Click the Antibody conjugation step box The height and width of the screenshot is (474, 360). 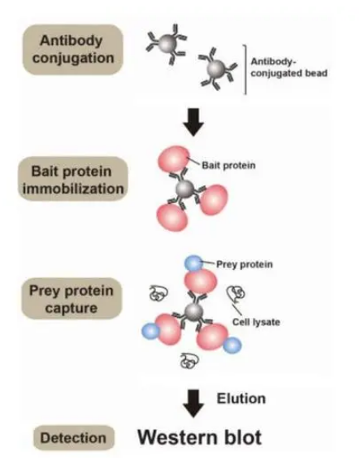pyautogui.click(x=73, y=50)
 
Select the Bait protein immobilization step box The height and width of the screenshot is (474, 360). pyautogui.click(x=73, y=179)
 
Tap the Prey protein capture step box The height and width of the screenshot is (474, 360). pyautogui.click(x=72, y=298)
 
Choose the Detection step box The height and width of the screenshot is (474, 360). pyautogui.click(x=74, y=437)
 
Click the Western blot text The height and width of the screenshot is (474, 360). pyautogui.click(x=199, y=437)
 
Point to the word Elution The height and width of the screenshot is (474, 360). pyautogui.click(x=241, y=398)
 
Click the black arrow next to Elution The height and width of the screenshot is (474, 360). pyautogui.click(x=193, y=403)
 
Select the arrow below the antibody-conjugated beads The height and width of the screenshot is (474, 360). pyautogui.click(x=193, y=122)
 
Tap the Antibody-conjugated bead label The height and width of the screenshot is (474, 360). pyautogui.click(x=288, y=67)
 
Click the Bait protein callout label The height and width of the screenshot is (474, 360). pyautogui.click(x=228, y=165)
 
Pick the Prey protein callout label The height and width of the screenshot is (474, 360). pyautogui.click(x=245, y=264)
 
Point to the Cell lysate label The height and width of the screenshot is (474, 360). pyautogui.click(x=256, y=322)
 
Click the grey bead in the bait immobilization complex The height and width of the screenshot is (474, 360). pyautogui.click(x=185, y=189)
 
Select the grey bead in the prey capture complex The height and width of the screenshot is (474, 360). pyautogui.click(x=193, y=312)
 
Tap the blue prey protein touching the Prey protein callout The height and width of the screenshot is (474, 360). pyautogui.click(x=193, y=263)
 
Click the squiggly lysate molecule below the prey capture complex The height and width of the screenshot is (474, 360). pyautogui.click(x=189, y=360)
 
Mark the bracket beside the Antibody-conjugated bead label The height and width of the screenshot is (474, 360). pyautogui.click(x=245, y=70)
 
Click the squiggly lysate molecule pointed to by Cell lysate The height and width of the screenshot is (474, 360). pyautogui.click(x=236, y=294)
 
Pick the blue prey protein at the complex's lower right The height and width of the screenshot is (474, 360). pyautogui.click(x=232, y=346)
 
